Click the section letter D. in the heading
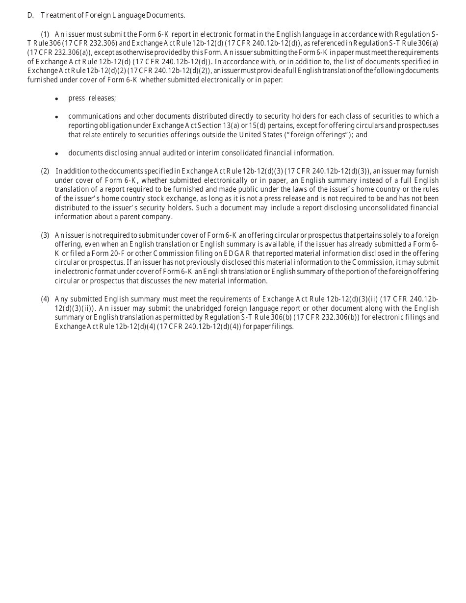click(x=30, y=15)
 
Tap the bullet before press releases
click(x=57, y=99)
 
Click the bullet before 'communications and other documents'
click(x=57, y=117)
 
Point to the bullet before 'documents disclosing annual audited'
click(x=57, y=154)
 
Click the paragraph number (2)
click(x=45, y=171)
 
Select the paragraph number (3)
click(x=45, y=235)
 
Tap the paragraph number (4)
click(x=45, y=299)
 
